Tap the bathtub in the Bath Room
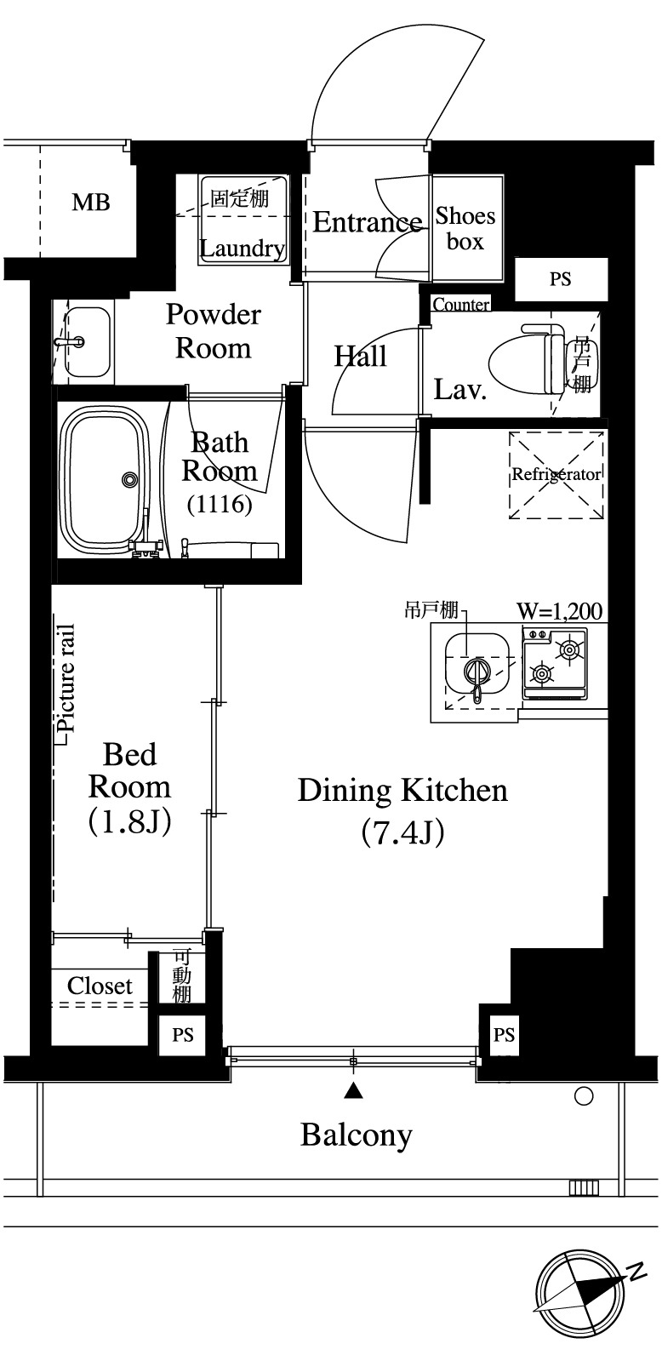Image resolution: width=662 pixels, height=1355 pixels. pyautogui.click(x=106, y=479)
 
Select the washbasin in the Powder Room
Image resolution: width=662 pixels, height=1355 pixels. pyautogui.click(x=87, y=342)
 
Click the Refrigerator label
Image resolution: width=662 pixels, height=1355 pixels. pyautogui.click(x=556, y=474)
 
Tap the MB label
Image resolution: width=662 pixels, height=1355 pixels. pyautogui.click(x=91, y=202)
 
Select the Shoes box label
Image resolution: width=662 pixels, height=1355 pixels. pyautogui.click(x=465, y=229)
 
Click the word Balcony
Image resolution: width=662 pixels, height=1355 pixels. pyautogui.click(x=357, y=1135)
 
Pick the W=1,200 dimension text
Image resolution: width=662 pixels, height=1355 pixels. pyautogui.click(x=559, y=611)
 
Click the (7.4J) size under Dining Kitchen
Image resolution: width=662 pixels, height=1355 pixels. pyautogui.click(x=402, y=832)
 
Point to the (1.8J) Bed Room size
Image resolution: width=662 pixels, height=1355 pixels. pyautogui.click(x=130, y=821)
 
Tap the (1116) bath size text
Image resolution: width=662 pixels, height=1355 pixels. pyautogui.click(x=220, y=504)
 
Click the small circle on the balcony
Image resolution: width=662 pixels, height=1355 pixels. pyautogui.click(x=584, y=1096)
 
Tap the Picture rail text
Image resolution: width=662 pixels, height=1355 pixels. pyautogui.click(x=66, y=678)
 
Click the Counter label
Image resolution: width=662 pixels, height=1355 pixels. pyautogui.click(x=461, y=304)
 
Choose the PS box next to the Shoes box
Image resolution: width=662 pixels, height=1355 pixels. pyautogui.click(x=561, y=279)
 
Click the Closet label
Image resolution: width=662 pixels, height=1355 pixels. pyautogui.click(x=100, y=986)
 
